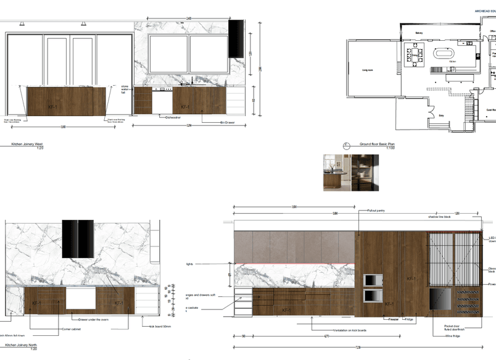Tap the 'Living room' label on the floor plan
point(367,70)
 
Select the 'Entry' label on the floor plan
point(441,115)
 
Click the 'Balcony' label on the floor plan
point(419,33)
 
